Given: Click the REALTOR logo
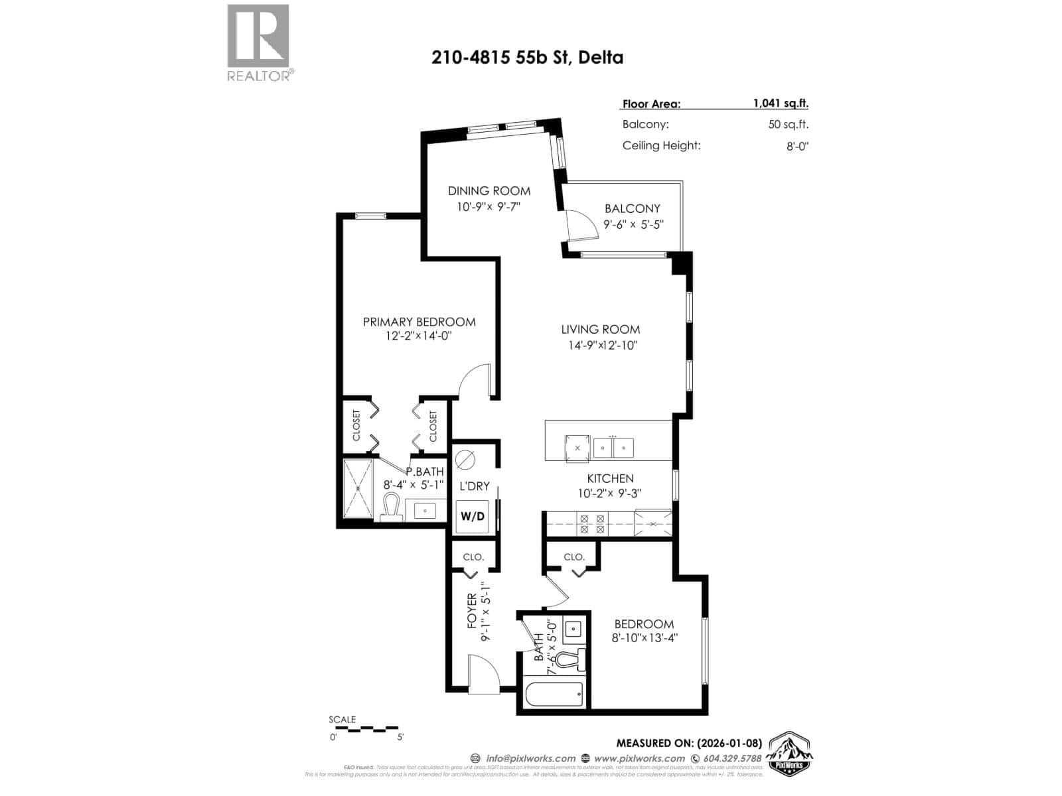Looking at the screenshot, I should (x=259, y=42).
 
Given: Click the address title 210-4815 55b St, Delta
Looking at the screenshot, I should (x=527, y=58).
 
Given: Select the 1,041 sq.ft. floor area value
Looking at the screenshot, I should (x=780, y=103).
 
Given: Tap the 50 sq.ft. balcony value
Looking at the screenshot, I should (x=788, y=125).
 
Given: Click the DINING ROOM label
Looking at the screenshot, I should (x=489, y=191).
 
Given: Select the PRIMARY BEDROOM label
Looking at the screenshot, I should (x=419, y=322).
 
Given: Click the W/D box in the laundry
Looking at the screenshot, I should (x=472, y=517).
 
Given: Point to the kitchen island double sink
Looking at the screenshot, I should (x=613, y=448).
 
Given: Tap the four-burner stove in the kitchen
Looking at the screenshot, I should (x=592, y=524).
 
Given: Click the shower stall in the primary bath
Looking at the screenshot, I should (x=358, y=489).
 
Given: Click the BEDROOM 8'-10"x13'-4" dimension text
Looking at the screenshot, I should (x=645, y=639).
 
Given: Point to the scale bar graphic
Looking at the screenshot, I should (x=364, y=729).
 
